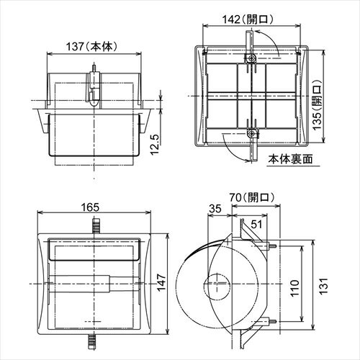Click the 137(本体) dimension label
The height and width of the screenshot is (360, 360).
92,46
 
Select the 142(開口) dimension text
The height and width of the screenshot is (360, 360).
248,19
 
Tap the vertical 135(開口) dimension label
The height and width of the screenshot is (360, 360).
318,105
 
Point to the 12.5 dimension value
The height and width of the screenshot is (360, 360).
156,144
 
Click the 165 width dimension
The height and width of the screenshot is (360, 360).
90,207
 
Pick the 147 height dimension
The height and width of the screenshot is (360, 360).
162,282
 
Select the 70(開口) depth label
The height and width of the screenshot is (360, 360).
251,198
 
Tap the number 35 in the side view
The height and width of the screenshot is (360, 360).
215,209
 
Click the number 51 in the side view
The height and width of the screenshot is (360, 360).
256,225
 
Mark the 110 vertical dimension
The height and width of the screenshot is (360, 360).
295,288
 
